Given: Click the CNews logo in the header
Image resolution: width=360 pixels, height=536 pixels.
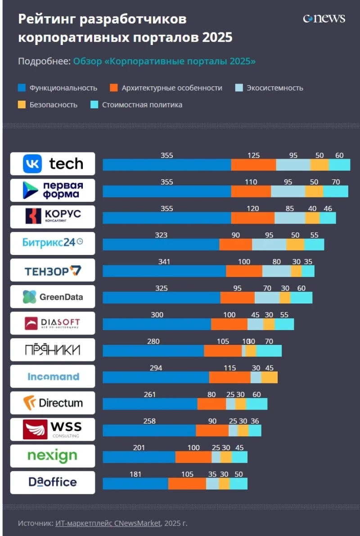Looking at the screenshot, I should tap(324, 18).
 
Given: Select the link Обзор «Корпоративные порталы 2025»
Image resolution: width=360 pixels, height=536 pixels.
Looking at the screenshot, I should tap(164, 61).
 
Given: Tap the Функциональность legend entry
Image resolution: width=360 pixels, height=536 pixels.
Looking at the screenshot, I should tap(63, 88).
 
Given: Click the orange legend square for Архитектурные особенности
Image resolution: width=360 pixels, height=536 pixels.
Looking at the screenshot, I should tap(114, 88).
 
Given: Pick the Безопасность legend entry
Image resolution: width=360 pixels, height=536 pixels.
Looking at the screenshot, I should tap(53, 105).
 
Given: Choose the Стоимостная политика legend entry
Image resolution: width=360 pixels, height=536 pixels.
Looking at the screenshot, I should tap(142, 105).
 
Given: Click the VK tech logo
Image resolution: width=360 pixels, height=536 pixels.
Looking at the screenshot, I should tap(53, 164).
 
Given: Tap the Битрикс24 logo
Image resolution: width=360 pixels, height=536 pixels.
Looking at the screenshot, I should tap(53, 243).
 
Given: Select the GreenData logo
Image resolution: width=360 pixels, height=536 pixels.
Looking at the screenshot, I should tap(53, 296).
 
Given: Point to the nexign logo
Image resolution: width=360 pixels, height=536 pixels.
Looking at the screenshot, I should tap(53, 456).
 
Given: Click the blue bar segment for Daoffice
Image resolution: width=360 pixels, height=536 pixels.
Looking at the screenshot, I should tap(135, 483).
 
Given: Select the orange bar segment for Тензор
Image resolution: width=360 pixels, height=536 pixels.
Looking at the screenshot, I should tap(244, 271).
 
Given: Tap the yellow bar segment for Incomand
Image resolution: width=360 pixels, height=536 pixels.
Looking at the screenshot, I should tap(269, 377).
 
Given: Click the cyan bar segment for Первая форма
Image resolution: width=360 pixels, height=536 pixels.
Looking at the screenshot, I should tap(335, 191).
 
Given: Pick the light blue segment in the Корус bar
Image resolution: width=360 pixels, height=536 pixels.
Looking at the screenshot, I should tap(290, 218).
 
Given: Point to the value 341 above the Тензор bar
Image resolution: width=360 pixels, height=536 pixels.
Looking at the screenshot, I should tap(164, 261).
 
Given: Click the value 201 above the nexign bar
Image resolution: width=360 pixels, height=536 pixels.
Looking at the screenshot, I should tap(139, 447).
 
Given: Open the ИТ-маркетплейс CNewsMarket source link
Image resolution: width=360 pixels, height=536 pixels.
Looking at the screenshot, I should tap(108, 523).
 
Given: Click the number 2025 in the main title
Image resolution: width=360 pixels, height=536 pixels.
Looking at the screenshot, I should tap(217, 37).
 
